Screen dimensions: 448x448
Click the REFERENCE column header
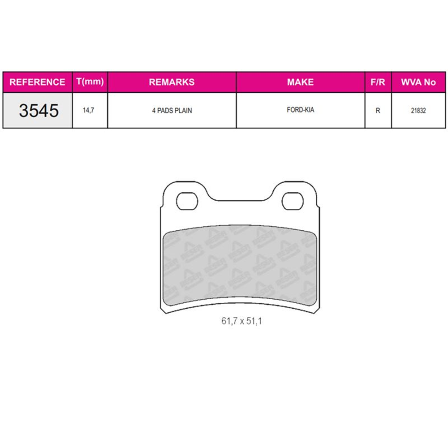pos(37,82)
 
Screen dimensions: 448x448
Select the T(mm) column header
pos(90,82)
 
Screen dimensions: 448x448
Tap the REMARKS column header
pos(172,82)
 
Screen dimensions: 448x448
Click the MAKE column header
pos(300,82)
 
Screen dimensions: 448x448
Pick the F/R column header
pos(378,82)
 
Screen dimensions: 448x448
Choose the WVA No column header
pos(418,82)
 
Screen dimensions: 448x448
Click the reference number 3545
pos(39,111)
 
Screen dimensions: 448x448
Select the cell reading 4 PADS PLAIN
pos(172,110)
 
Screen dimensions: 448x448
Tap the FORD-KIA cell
pos(300,110)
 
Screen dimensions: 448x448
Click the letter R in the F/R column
pos(378,110)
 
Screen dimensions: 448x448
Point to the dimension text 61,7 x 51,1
pos(240,321)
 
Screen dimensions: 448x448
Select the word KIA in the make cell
pos(308,110)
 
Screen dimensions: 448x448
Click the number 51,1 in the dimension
pos(254,321)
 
